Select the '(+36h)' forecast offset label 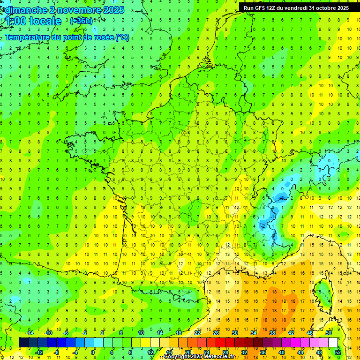(x=81, y=21)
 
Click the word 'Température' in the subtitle (x=27, y=37)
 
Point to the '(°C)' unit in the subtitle (x=122, y=37)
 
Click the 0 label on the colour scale (x=93, y=352)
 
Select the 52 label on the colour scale (x=337, y=352)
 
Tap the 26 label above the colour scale (x=216, y=333)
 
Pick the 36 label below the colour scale (x=262, y=352)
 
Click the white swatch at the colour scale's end (x=333, y=343)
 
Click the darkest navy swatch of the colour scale (x=23, y=343)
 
